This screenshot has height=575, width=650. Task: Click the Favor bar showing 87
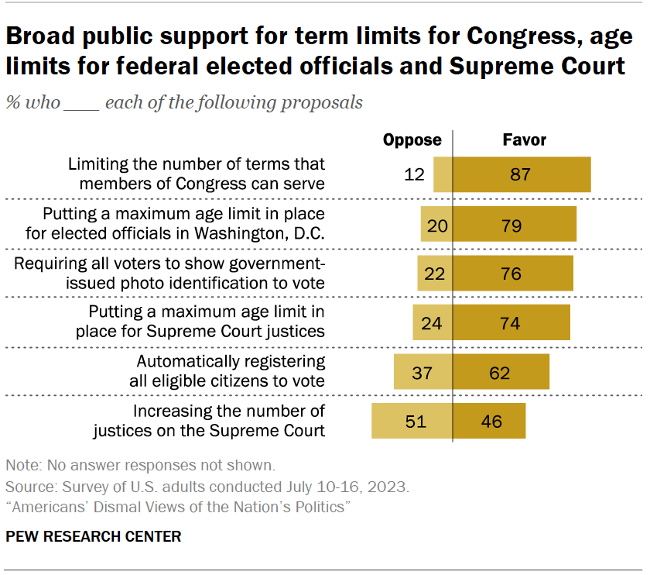(x=522, y=174)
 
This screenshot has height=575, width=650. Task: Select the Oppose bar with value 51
(x=412, y=422)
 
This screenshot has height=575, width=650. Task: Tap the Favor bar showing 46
(x=489, y=422)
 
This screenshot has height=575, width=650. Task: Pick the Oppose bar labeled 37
(x=423, y=373)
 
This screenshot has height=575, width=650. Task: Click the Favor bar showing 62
(x=501, y=373)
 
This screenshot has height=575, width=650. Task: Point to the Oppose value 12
(x=415, y=174)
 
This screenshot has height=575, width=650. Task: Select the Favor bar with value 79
(x=515, y=226)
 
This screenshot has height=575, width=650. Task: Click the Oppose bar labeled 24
(x=433, y=322)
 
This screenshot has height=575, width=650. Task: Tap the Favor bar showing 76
(x=513, y=274)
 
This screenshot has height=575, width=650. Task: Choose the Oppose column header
(x=412, y=140)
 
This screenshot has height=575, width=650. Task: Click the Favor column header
(x=525, y=140)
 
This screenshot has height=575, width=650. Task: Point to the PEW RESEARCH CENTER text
(x=94, y=536)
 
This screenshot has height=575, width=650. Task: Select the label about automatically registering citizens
(x=231, y=371)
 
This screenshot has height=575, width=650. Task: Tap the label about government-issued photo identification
(x=170, y=273)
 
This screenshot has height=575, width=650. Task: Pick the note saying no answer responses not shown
(x=140, y=466)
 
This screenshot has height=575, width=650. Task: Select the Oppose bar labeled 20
(x=436, y=226)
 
